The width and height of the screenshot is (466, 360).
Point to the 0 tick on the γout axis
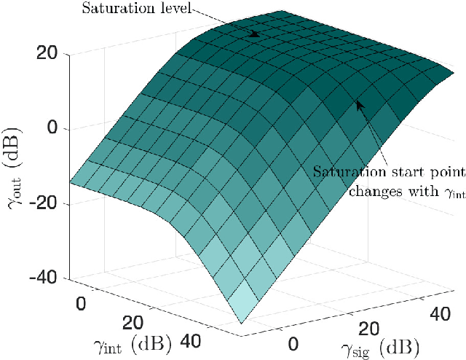[61, 129]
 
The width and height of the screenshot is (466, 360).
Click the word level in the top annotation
[174, 9]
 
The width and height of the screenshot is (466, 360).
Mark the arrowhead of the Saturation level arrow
[256, 34]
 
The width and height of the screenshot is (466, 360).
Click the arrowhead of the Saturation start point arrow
[358, 104]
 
